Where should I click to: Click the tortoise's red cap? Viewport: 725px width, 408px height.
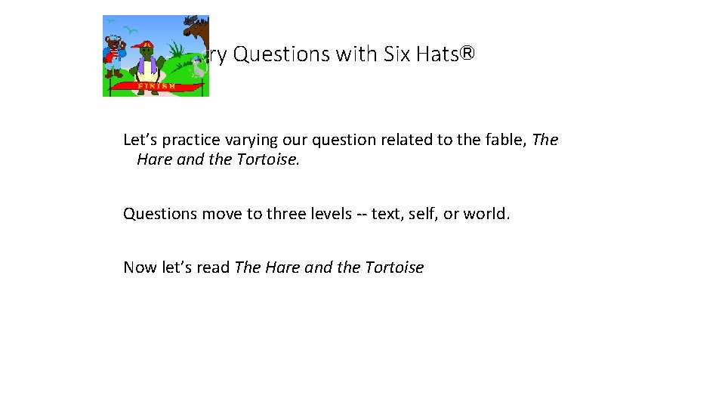(x=144, y=44)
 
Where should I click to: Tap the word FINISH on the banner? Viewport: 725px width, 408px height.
(x=156, y=86)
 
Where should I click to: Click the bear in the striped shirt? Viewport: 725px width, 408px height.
(x=115, y=57)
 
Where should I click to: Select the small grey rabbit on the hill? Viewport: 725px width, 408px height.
(x=198, y=69)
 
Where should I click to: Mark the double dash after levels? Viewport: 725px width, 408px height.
(x=362, y=214)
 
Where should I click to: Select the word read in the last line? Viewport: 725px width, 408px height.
(x=214, y=267)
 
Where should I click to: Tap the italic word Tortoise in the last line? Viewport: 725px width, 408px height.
(x=394, y=267)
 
